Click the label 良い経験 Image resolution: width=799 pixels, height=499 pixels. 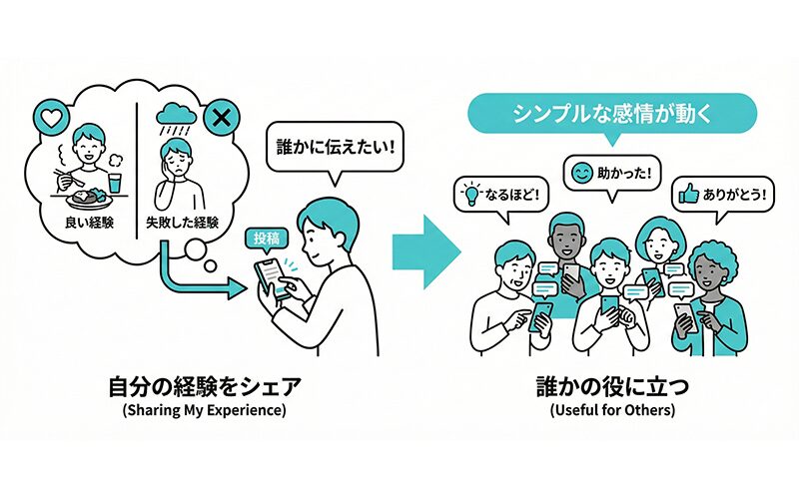[x=87, y=221]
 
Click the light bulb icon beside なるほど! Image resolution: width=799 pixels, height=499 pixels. [x=471, y=191]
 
